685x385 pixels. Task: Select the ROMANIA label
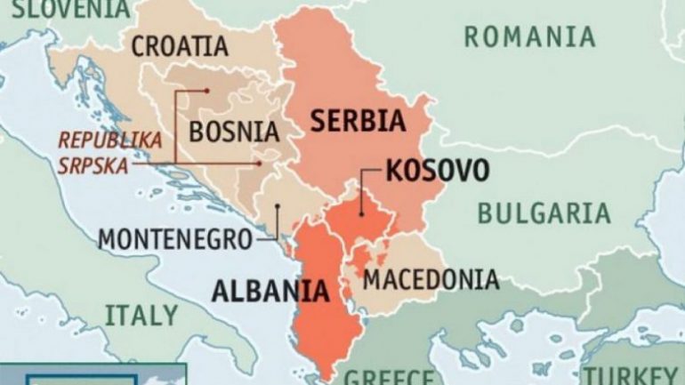click(x=529, y=36)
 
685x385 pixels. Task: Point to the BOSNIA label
click(x=234, y=132)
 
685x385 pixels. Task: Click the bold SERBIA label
click(x=358, y=121)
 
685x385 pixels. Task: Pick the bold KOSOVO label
click(x=437, y=170)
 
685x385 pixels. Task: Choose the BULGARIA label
click(x=544, y=213)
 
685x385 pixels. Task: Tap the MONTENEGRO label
click(x=174, y=239)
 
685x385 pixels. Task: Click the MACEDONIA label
click(x=431, y=279)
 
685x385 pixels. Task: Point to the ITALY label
click(x=141, y=315)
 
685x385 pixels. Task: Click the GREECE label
click(x=389, y=375)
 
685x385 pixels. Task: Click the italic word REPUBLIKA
click(x=110, y=140)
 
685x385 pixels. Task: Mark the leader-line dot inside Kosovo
click(x=361, y=213)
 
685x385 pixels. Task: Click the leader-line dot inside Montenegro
click(x=278, y=208)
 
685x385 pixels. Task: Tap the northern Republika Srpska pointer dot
click(x=206, y=89)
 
